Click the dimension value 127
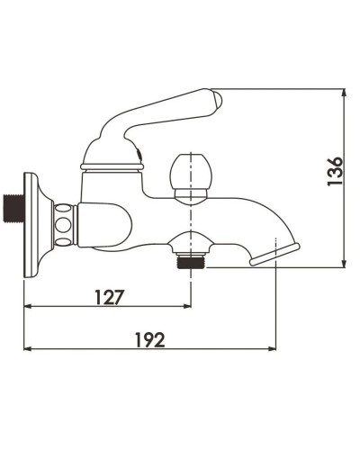107,295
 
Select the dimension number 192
148,339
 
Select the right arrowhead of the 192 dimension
273,350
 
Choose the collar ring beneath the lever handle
112,165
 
